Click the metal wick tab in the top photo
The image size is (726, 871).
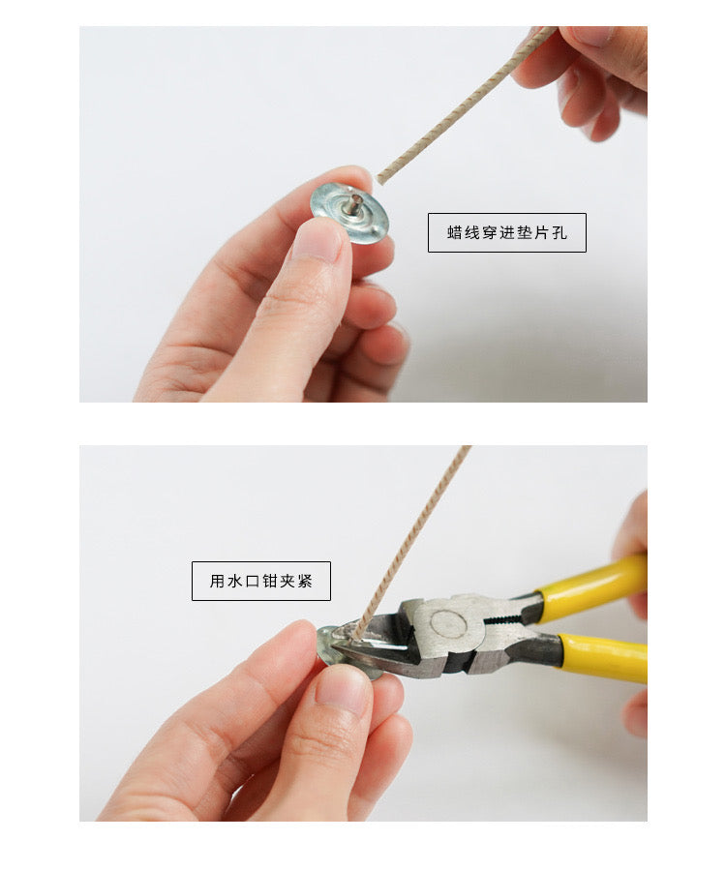(349, 212)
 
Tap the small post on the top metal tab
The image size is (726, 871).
(354, 203)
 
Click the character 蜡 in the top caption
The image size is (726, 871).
(455, 232)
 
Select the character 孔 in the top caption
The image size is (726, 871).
(560, 232)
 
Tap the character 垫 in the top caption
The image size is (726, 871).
(525, 232)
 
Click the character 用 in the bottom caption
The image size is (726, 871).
(217, 581)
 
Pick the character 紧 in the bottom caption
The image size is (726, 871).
(305, 581)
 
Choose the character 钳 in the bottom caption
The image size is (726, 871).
(270, 581)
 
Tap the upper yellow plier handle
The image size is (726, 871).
(591, 580)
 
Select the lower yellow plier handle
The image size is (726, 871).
(603, 657)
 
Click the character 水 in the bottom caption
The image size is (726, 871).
(234, 581)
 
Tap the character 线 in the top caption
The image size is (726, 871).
(472, 232)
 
